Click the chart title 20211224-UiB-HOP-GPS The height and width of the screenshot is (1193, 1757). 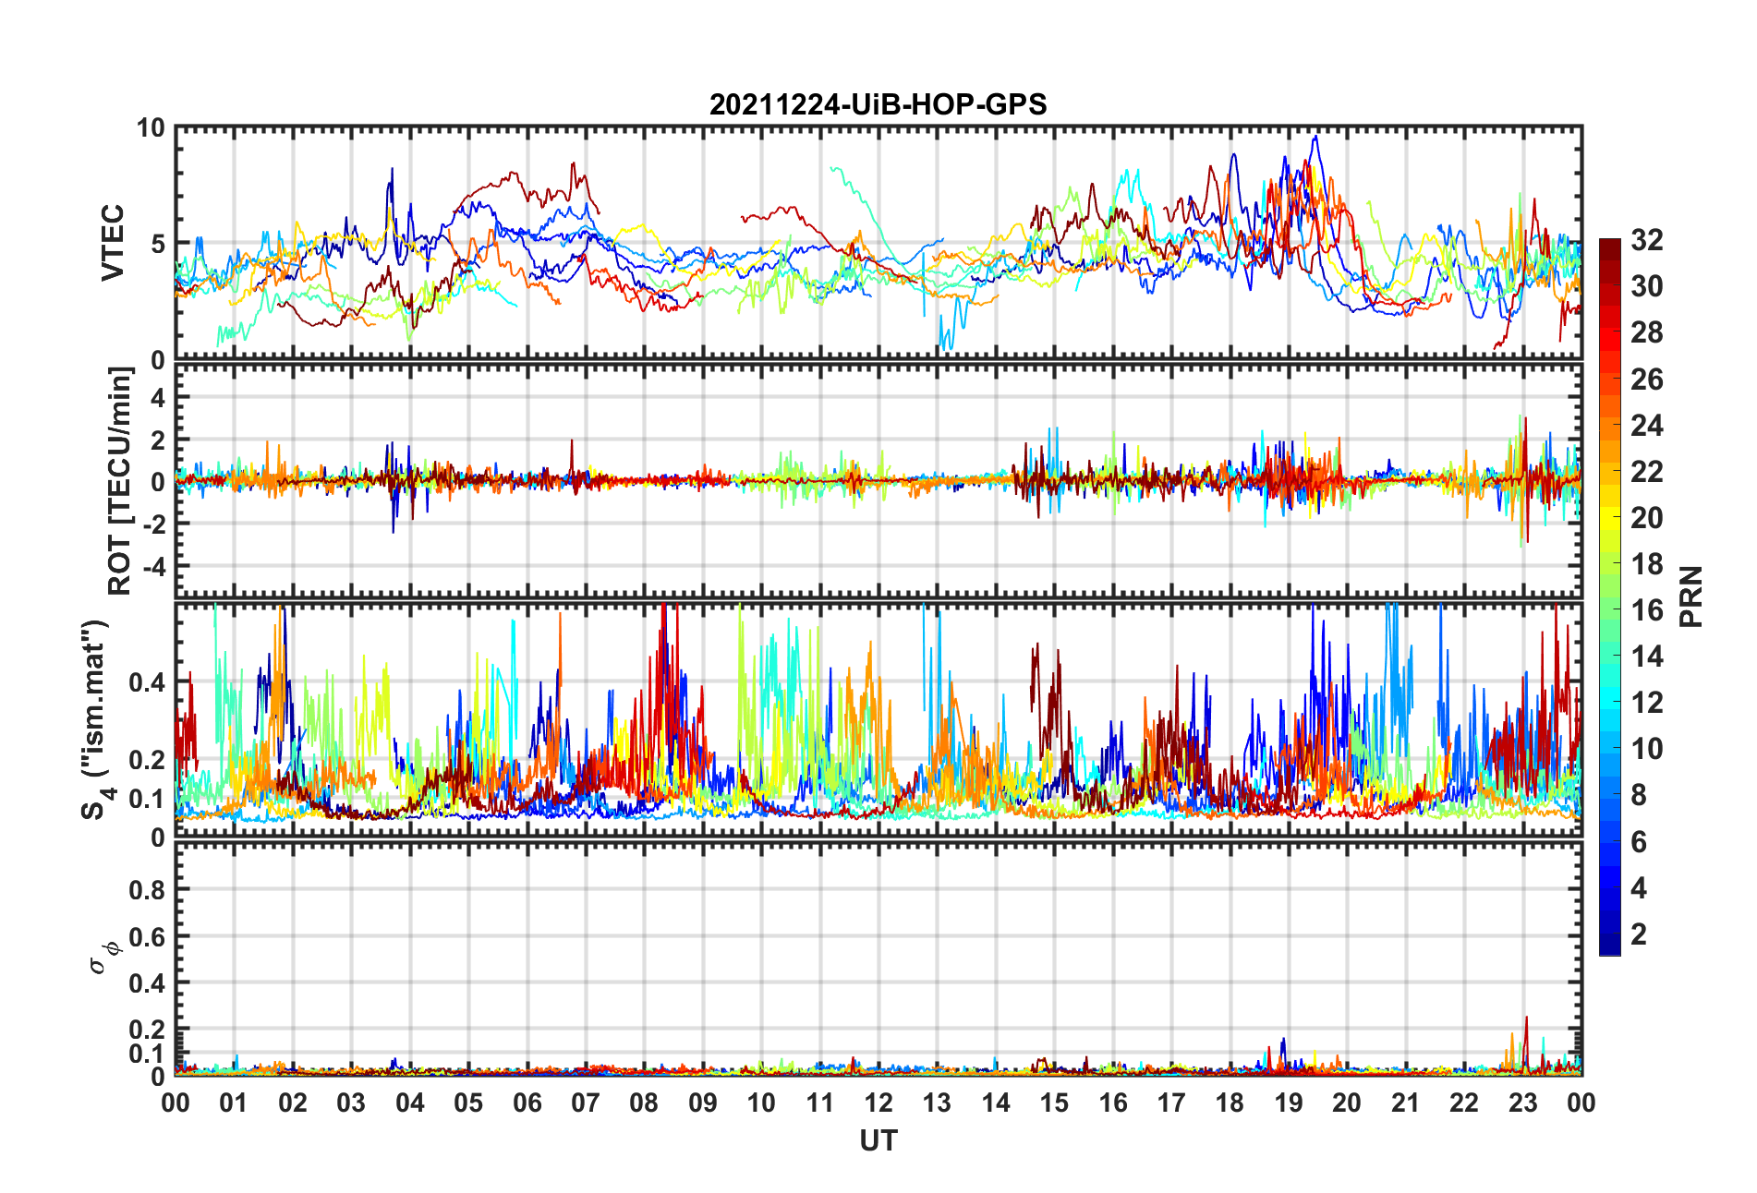(878, 104)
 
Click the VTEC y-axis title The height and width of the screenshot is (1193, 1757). (113, 243)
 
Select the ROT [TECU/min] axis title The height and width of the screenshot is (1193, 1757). (120, 481)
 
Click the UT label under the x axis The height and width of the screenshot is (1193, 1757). (878, 1141)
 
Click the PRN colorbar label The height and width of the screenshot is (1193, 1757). (1690, 596)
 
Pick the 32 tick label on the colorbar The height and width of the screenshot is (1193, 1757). (1646, 240)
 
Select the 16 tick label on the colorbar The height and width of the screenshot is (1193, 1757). (1646, 610)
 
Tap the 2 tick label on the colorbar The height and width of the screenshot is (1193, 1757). (1639, 934)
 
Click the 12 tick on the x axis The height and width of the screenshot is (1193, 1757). (878, 1103)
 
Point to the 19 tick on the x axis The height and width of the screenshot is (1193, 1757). (1289, 1103)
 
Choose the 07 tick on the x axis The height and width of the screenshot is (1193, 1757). (586, 1103)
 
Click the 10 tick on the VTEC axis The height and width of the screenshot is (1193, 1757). (151, 128)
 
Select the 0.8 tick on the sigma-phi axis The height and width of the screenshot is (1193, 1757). (146, 890)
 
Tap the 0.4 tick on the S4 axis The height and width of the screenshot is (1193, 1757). (146, 683)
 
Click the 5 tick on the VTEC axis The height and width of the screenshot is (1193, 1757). (157, 244)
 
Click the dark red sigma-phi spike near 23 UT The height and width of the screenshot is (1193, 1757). (1526, 1019)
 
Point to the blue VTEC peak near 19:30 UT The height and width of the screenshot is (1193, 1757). (1315, 138)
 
